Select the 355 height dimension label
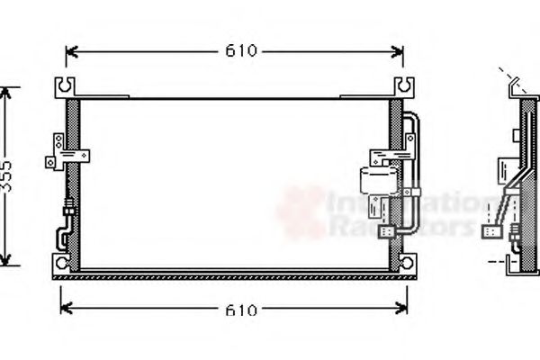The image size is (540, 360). point(8,176)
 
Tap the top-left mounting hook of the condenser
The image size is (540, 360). point(66,87)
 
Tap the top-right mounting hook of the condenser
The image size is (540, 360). point(404,87)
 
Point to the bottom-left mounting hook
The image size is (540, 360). point(60,264)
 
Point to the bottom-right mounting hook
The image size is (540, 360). point(407,264)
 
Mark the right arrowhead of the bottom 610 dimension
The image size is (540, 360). point(404,310)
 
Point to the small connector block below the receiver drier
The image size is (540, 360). point(389,230)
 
